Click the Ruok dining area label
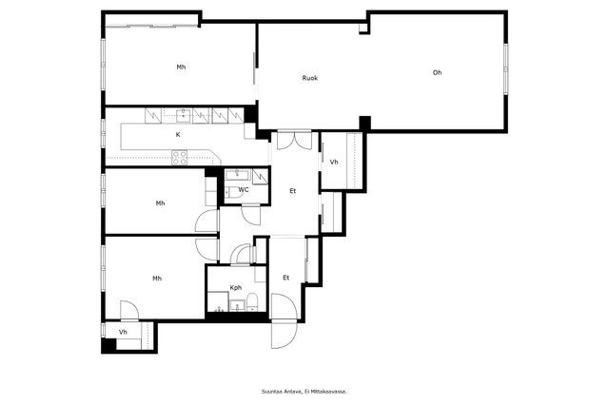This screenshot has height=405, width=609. [310, 78]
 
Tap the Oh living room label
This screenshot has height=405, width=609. [437, 72]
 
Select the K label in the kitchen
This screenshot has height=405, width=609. [178, 135]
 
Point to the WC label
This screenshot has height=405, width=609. [244, 190]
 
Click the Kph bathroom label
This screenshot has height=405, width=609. [236, 287]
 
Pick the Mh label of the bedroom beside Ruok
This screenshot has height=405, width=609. [181, 67]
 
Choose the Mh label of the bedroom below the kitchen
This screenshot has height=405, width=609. [160, 202]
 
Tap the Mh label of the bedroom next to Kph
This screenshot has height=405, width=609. [157, 279]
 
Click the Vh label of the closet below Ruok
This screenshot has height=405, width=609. [334, 163]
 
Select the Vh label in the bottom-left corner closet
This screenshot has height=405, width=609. [123, 332]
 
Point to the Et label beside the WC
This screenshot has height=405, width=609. [292, 191]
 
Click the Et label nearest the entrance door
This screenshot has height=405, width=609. [286, 278]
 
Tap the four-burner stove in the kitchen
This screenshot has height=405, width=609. [180, 158]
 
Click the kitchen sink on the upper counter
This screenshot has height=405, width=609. [183, 115]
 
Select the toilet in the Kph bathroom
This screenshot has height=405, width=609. [252, 302]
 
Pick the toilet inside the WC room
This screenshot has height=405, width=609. [234, 192]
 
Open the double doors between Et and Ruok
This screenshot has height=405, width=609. [294, 141]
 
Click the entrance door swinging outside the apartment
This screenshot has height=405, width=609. [284, 335]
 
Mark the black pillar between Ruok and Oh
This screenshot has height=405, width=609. [364, 123]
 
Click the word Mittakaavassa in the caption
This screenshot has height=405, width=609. [329, 392]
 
